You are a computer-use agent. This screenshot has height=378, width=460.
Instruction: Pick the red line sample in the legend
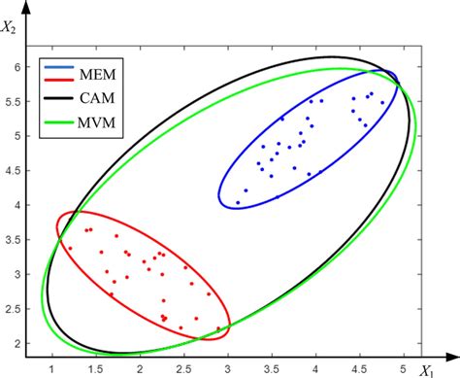(x=61, y=85)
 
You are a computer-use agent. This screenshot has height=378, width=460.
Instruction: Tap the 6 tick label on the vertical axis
(x=20, y=66)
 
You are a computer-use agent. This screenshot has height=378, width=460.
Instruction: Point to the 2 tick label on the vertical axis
(x=20, y=343)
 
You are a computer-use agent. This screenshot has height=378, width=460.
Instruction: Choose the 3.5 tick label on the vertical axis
(x=16, y=240)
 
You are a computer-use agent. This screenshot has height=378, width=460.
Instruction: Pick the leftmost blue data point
(x=238, y=203)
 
